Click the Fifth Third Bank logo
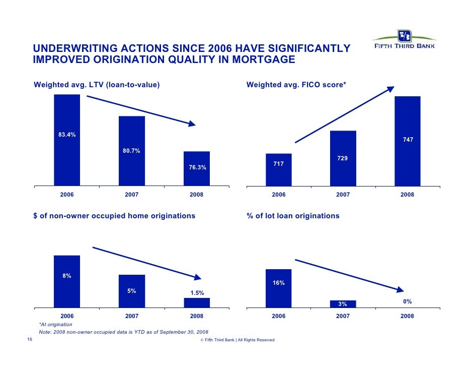pyautogui.click(x=404, y=40)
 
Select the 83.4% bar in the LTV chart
pyautogui.click(x=67, y=140)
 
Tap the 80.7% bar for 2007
pyautogui.click(x=131, y=151)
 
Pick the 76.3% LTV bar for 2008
pyautogui.click(x=196, y=168)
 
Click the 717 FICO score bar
pyautogui.click(x=279, y=170)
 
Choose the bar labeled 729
pyautogui.click(x=343, y=158)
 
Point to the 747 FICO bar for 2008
pyautogui.click(x=408, y=141)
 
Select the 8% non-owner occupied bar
pyautogui.click(x=67, y=282)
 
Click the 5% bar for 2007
pyautogui.click(x=131, y=291)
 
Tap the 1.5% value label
pyautogui.click(x=197, y=293)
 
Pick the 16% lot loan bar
pyautogui.click(x=278, y=288)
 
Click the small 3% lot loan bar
pyautogui.click(x=343, y=304)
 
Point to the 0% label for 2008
pyautogui.click(x=407, y=301)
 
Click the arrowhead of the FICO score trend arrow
pyautogui.click(x=391, y=89)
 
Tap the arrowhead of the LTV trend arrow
pyautogui.click(x=192, y=124)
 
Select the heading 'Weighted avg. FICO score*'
pyautogui.click(x=296, y=85)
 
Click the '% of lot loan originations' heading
pyautogui.click(x=293, y=216)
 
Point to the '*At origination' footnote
pyautogui.click(x=56, y=324)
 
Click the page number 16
pyautogui.click(x=30, y=339)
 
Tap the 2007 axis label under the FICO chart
pyautogui.click(x=343, y=195)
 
